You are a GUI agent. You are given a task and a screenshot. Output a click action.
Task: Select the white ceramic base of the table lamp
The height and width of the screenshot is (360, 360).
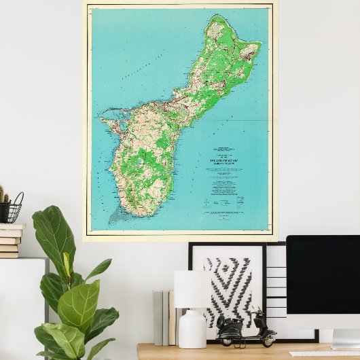point(192,329)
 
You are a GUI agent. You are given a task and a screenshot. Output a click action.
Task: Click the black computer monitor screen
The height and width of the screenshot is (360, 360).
point(323,272)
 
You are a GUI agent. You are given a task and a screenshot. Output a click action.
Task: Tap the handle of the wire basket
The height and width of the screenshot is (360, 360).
point(18,198)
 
